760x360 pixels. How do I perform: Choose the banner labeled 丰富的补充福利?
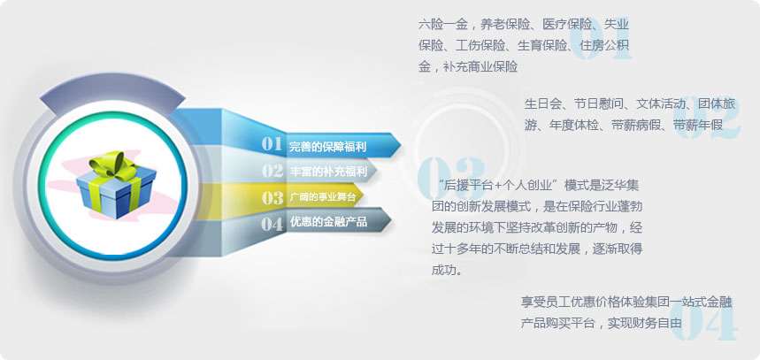pos(320,171)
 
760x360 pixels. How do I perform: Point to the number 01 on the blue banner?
pos(272,144)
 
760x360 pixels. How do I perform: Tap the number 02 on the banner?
pos(273,171)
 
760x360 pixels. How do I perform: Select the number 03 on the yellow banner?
pos(273,197)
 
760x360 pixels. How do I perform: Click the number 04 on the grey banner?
pos(272,224)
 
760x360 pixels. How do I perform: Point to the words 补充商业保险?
pos(480,66)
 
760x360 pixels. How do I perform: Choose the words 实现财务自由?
pos(645,323)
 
